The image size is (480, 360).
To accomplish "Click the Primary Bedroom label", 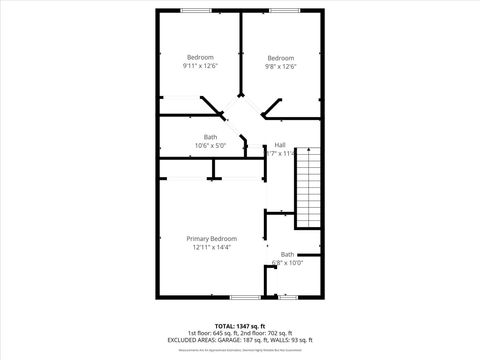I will (211, 238).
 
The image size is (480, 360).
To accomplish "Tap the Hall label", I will (280, 144).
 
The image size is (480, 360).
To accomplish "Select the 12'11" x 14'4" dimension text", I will (211, 247).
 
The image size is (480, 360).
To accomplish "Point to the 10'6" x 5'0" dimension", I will (211, 145).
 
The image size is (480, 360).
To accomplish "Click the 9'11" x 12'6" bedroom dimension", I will (200, 66).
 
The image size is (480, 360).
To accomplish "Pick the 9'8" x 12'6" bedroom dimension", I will (281, 66).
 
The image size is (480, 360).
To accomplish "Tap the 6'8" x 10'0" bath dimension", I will (288, 263).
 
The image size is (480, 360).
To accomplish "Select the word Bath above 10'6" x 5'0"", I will (211, 137).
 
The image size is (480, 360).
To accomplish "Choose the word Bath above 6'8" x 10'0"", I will (288, 255).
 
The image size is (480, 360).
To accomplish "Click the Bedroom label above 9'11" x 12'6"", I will (200, 57).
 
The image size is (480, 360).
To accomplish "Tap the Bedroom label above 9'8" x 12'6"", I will (281, 57).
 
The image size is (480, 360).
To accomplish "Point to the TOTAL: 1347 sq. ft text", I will (240, 325).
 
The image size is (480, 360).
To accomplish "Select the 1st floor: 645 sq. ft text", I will (211, 332).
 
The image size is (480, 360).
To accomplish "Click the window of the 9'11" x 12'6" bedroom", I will (197, 10).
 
